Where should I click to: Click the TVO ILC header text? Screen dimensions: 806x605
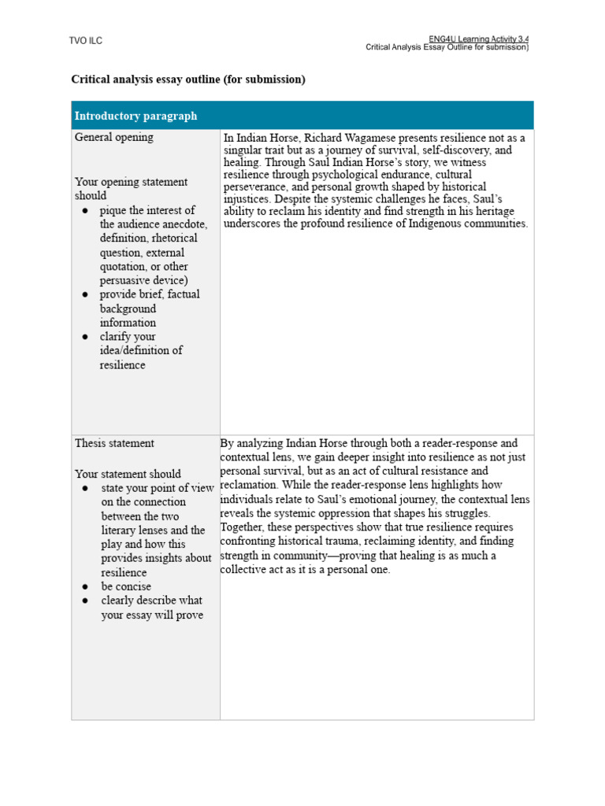coord(86,41)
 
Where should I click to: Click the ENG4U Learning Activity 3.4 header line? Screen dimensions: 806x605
coord(478,39)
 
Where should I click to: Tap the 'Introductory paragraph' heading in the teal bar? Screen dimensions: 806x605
coord(135,116)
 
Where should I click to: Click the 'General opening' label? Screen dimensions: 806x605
coord(114,137)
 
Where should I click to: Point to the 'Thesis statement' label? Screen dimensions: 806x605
coord(114,443)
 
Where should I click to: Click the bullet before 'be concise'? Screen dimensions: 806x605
coord(84,586)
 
